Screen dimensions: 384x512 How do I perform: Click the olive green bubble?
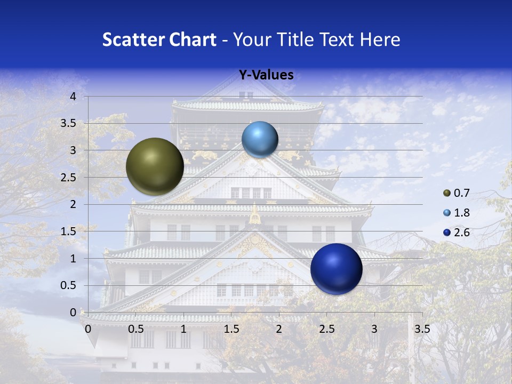pyautogui.click(x=155, y=166)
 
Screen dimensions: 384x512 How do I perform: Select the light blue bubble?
pyautogui.click(x=260, y=139)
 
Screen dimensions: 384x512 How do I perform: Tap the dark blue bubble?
pyautogui.click(x=336, y=269)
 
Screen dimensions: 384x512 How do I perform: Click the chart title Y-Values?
pyautogui.click(x=266, y=75)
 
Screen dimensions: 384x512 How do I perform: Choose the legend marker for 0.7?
pyautogui.click(x=447, y=193)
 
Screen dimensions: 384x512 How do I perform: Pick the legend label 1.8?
pyautogui.click(x=462, y=213)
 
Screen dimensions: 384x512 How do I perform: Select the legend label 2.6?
pyautogui.click(x=462, y=233)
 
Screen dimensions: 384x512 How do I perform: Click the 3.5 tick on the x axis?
pyautogui.click(x=422, y=329)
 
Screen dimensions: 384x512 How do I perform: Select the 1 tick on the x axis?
pyautogui.click(x=183, y=329)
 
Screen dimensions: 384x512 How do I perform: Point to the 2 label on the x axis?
pyautogui.click(x=279, y=329)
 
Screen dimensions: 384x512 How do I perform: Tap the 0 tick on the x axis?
pyautogui.click(x=88, y=329)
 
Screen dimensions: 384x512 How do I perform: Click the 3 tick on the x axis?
pyautogui.click(x=374, y=329)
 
